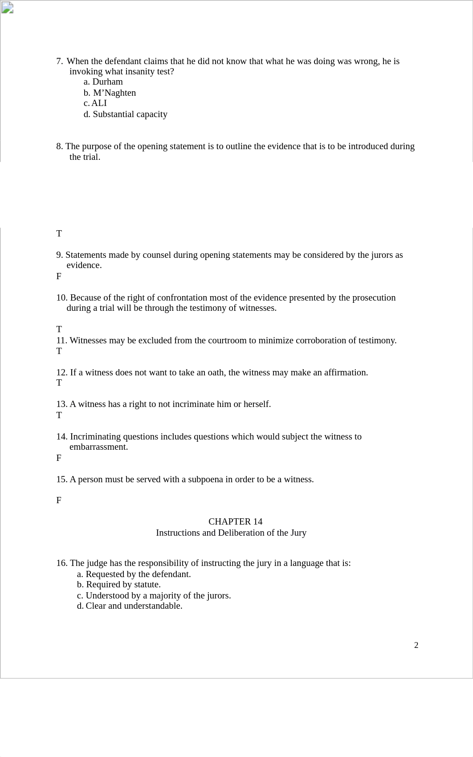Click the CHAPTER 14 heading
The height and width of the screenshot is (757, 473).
(235, 521)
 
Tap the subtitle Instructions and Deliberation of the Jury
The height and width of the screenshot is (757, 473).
(231, 533)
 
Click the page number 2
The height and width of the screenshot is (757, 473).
(416, 645)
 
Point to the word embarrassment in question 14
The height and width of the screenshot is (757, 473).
(98, 447)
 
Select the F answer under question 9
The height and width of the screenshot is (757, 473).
(59, 276)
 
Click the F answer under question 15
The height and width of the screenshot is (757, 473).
(59, 500)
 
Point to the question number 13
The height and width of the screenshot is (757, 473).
(61, 404)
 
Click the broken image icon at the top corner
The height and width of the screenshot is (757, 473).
(7, 8)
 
